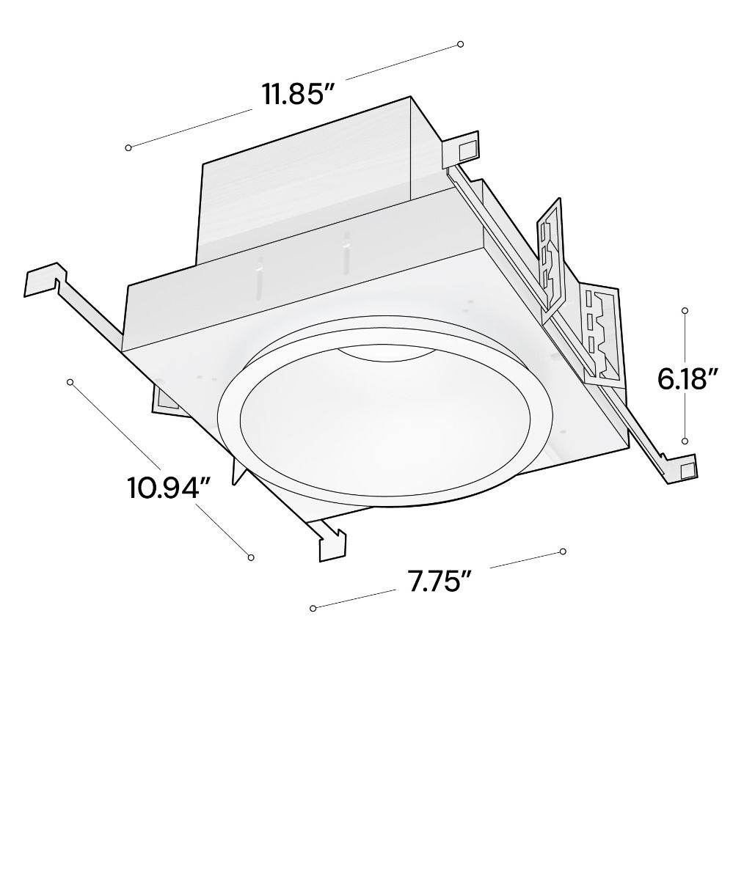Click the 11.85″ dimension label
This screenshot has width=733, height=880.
point(299,94)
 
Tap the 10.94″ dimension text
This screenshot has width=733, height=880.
point(169,488)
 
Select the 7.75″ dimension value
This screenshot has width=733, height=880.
point(439,582)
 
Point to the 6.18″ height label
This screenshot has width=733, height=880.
point(688,379)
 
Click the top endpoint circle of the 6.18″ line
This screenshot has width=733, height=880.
point(685,311)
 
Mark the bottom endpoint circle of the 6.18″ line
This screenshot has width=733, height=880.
point(685,441)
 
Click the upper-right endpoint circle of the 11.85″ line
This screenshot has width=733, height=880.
point(461,44)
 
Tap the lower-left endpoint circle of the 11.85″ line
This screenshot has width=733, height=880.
point(128,147)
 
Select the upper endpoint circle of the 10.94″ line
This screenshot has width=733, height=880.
point(70,382)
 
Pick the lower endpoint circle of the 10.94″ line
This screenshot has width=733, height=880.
point(251,557)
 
